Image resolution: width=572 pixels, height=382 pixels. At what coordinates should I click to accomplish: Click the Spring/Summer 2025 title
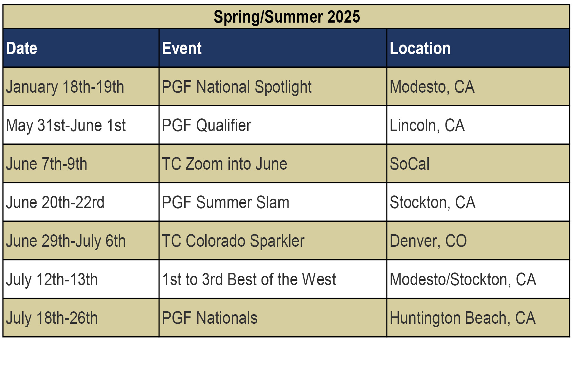tap(287, 17)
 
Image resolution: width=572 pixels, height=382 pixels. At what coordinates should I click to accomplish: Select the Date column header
tap(22, 48)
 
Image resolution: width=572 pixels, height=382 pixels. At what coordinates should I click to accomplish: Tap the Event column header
tap(182, 48)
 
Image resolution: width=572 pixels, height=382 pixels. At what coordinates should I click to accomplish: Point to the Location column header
tap(420, 48)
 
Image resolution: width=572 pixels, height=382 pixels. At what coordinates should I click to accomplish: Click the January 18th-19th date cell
tap(65, 87)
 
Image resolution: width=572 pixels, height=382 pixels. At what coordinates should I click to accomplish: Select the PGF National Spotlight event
tap(237, 87)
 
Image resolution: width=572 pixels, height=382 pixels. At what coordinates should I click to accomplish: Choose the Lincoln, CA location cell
tap(427, 125)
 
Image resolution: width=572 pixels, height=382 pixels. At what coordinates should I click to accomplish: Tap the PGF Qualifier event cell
tap(207, 125)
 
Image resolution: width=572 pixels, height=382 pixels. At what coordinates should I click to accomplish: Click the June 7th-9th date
tap(46, 164)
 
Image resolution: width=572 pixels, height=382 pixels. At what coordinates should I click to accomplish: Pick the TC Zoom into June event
tap(224, 164)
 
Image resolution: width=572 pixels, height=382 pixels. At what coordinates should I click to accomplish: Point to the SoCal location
tap(410, 164)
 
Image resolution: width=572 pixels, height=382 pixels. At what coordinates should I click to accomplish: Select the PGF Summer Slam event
tap(226, 203)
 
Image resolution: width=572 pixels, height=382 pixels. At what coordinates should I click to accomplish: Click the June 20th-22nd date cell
tap(55, 203)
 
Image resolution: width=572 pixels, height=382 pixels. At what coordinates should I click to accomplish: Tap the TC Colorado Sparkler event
tap(233, 241)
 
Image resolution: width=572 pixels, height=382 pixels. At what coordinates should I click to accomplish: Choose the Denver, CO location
tap(428, 241)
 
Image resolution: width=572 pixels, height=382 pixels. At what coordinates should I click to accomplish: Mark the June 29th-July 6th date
tap(66, 241)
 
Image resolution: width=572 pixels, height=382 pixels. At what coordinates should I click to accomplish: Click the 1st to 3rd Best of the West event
tap(249, 280)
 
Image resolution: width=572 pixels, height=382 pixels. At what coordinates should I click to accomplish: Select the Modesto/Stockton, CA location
tap(463, 280)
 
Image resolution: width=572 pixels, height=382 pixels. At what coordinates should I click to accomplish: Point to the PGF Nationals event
tap(210, 318)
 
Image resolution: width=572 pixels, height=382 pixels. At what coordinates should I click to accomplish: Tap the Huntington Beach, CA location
tap(463, 318)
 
